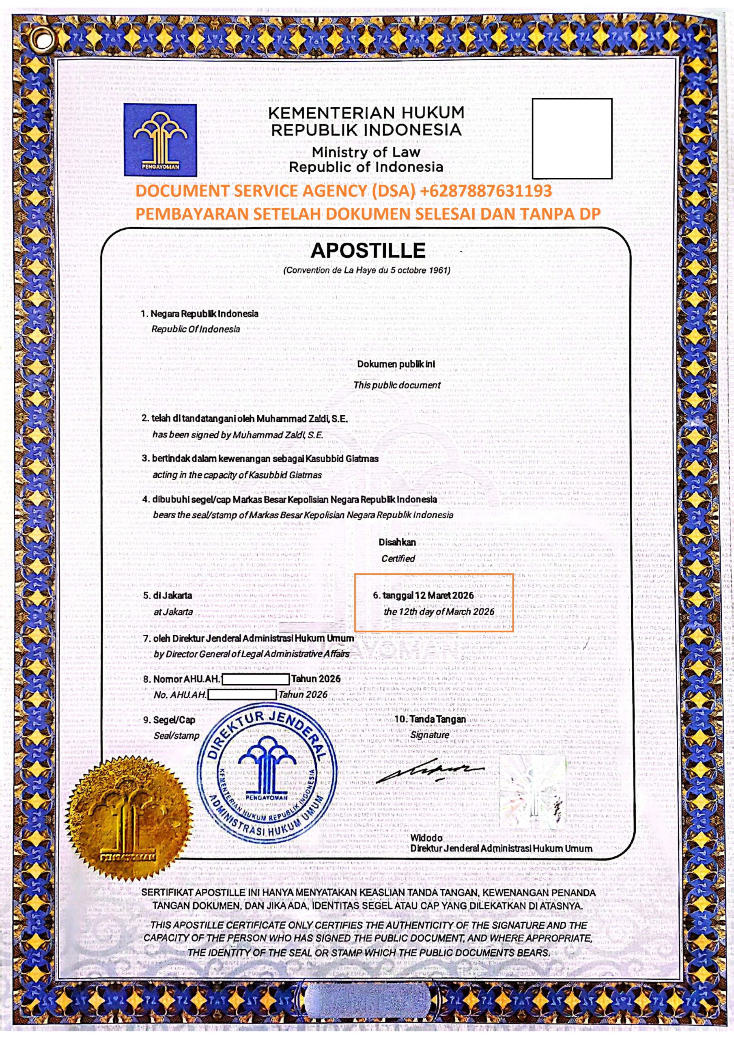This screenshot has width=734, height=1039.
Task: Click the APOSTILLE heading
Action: tap(368, 250)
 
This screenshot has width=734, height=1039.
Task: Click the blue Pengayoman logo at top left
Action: tap(160, 140)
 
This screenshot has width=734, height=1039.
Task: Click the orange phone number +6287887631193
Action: tap(486, 191)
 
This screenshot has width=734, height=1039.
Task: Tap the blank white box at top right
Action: tap(572, 138)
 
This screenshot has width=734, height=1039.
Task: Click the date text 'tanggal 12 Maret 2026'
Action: tap(423, 595)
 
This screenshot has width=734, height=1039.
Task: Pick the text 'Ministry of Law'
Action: tap(366, 152)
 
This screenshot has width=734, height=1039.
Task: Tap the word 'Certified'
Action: tap(398, 558)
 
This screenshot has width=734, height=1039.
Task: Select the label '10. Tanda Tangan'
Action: tap(430, 719)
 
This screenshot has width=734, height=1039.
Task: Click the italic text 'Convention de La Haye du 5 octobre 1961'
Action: tap(366, 271)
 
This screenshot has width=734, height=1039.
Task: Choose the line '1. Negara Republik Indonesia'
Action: tap(200, 313)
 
